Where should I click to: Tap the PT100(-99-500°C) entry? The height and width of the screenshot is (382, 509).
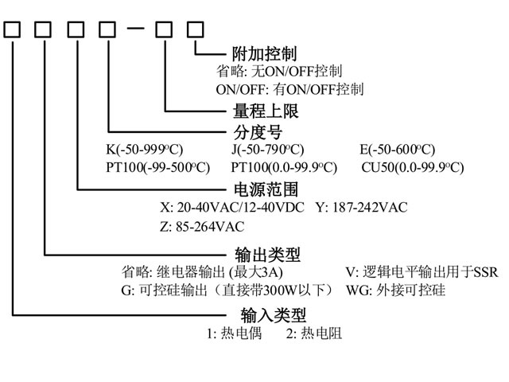[x=157, y=167]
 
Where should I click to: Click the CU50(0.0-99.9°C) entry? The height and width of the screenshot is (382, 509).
[x=412, y=167]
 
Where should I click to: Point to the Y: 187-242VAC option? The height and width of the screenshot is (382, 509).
[x=361, y=208]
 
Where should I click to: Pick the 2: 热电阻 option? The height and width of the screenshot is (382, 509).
[x=313, y=334]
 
